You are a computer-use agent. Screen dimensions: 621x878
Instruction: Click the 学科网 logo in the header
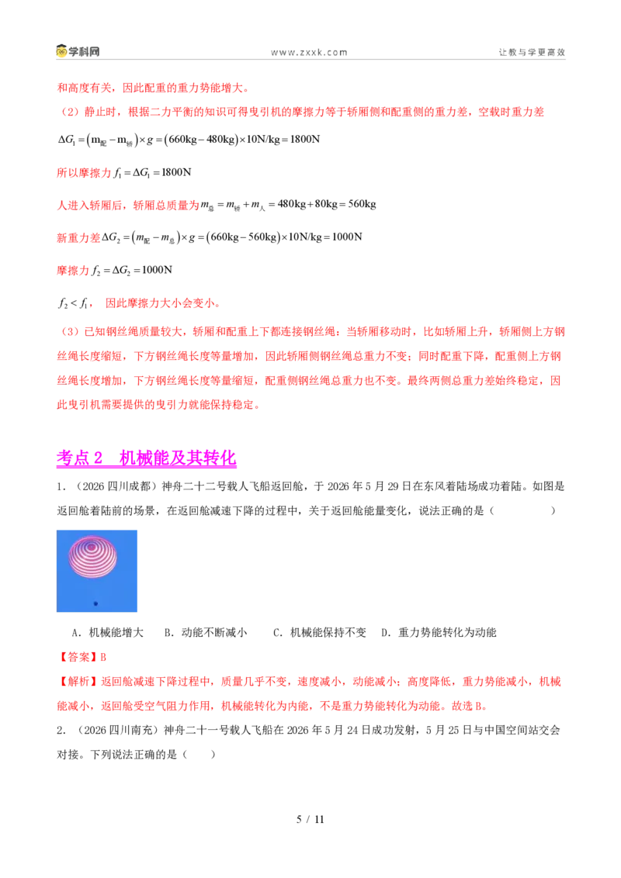(x=78, y=51)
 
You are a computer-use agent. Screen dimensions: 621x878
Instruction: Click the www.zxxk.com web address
(x=310, y=52)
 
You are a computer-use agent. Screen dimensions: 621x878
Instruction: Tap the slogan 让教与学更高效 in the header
(x=532, y=52)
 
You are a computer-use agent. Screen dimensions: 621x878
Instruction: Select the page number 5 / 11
(x=310, y=819)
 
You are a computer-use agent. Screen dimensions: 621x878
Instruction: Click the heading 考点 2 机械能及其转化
(x=146, y=458)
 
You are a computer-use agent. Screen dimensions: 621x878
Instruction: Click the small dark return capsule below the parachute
(x=95, y=603)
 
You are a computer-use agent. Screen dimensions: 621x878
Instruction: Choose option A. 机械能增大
(x=108, y=633)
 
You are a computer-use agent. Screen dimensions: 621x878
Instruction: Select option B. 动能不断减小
(x=206, y=633)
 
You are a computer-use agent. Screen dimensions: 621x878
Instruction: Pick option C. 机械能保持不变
(x=320, y=633)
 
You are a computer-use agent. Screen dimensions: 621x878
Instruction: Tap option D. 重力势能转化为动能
(x=439, y=633)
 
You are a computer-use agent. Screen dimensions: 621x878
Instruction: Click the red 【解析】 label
(x=78, y=682)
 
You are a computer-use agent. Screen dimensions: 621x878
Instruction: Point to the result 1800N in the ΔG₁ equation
(x=305, y=140)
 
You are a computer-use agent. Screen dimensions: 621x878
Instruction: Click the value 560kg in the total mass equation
(x=362, y=205)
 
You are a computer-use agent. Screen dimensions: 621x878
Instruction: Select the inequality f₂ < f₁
(x=74, y=303)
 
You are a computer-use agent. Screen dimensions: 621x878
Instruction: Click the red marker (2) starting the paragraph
(x=70, y=112)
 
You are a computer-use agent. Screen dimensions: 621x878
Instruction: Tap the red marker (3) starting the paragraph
(x=70, y=331)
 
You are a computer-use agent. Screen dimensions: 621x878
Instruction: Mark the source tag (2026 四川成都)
(x=115, y=486)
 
